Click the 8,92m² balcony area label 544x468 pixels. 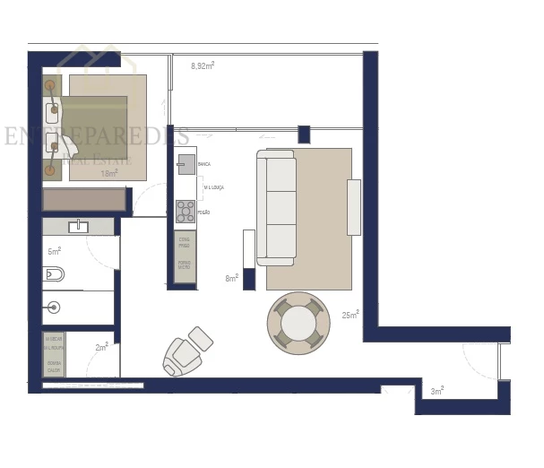pyautogui.click(x=202, y=65)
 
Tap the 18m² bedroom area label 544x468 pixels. pyautogui.click(x=109, y=173)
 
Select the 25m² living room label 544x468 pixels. pyautogui.click(x=350, y=315)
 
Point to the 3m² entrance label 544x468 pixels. pyautogui.click(x=437, y=391)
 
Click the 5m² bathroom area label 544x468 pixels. pyautogui.click(x=54, y=251)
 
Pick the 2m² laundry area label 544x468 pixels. pyautogui.click(x=101, y=346)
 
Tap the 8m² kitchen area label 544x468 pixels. pyautogui.click(x=231, y=279)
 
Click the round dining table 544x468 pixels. pyautogui.click(x=298, y=322)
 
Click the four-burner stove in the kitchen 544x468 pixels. pyautogui.click(x=186, y=212)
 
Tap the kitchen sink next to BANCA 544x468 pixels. pyautogui.click(x=186, y=164)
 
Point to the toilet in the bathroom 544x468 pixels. pyautogui.click(x=54, y=274)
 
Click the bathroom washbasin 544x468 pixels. pyautogui.click(x=78, y=226)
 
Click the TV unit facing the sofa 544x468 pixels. pyautogui.click(x=354, y=207)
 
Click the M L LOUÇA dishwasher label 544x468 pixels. pyautogui.click(x=214, y=186)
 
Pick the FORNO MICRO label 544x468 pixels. pyautogui.click(x=184, y=266)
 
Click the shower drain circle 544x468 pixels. pyautogui.click(x=54, y=308)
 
